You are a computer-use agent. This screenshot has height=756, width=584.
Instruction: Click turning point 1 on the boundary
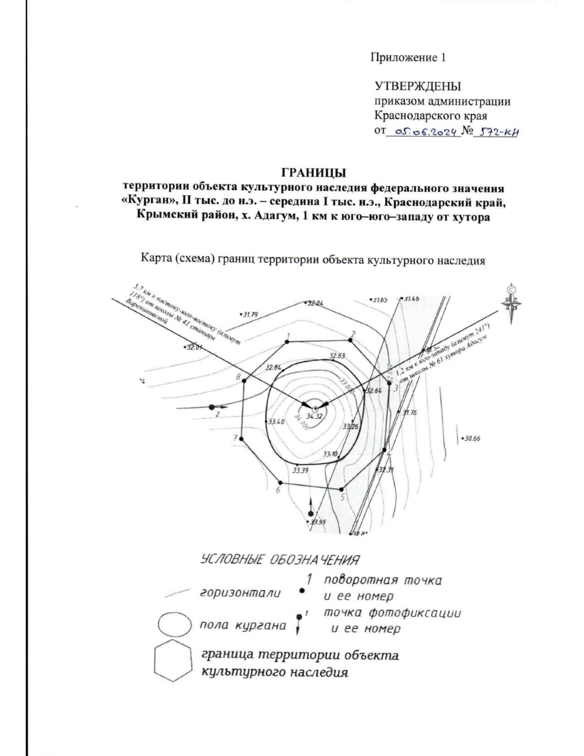click(288, 342)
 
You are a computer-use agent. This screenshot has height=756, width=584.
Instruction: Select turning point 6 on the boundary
click(280, 483)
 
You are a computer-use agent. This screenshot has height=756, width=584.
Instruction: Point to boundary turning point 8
click(244, 381)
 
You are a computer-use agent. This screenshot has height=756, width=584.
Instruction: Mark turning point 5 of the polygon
click(342, 490)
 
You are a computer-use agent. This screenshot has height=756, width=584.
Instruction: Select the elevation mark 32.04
click(314, 303)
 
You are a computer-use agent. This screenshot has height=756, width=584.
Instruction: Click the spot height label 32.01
click(193, 348)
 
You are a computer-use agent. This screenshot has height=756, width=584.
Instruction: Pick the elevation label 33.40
click(276, 422)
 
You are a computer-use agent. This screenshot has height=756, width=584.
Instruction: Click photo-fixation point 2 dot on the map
click(212, 406)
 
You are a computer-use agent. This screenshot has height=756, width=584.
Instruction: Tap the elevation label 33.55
click(318, 522)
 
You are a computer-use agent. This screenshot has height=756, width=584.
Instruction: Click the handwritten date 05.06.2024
click(423, 131)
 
